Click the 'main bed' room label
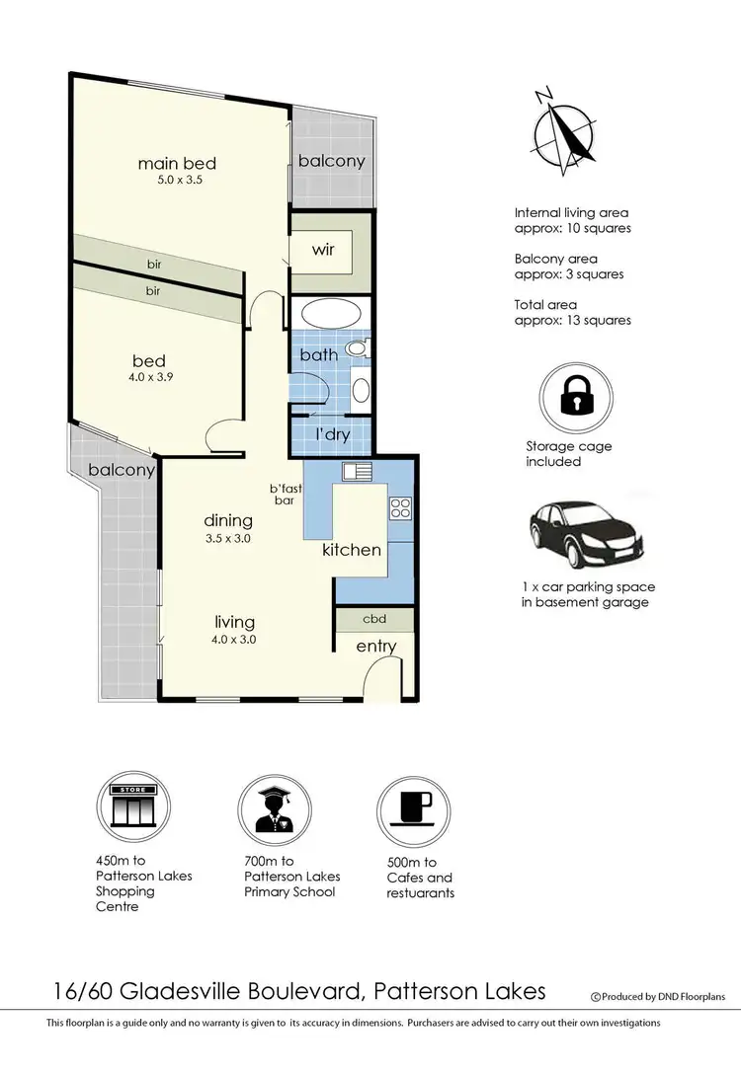[x=177, y=163]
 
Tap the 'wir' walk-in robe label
[x=324, y=250]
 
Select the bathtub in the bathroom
[x=331, y=315]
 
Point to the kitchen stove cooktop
[x=401, y=507]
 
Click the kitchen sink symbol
[x=355, y=470]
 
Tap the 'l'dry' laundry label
[x=329, y=434]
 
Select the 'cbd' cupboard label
[x=373, y=619]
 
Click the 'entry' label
[x=376, y=647]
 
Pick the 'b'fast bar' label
[x=285, y=494]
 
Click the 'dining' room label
[x=228, y=520]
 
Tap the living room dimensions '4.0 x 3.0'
[x=235, y=639]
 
